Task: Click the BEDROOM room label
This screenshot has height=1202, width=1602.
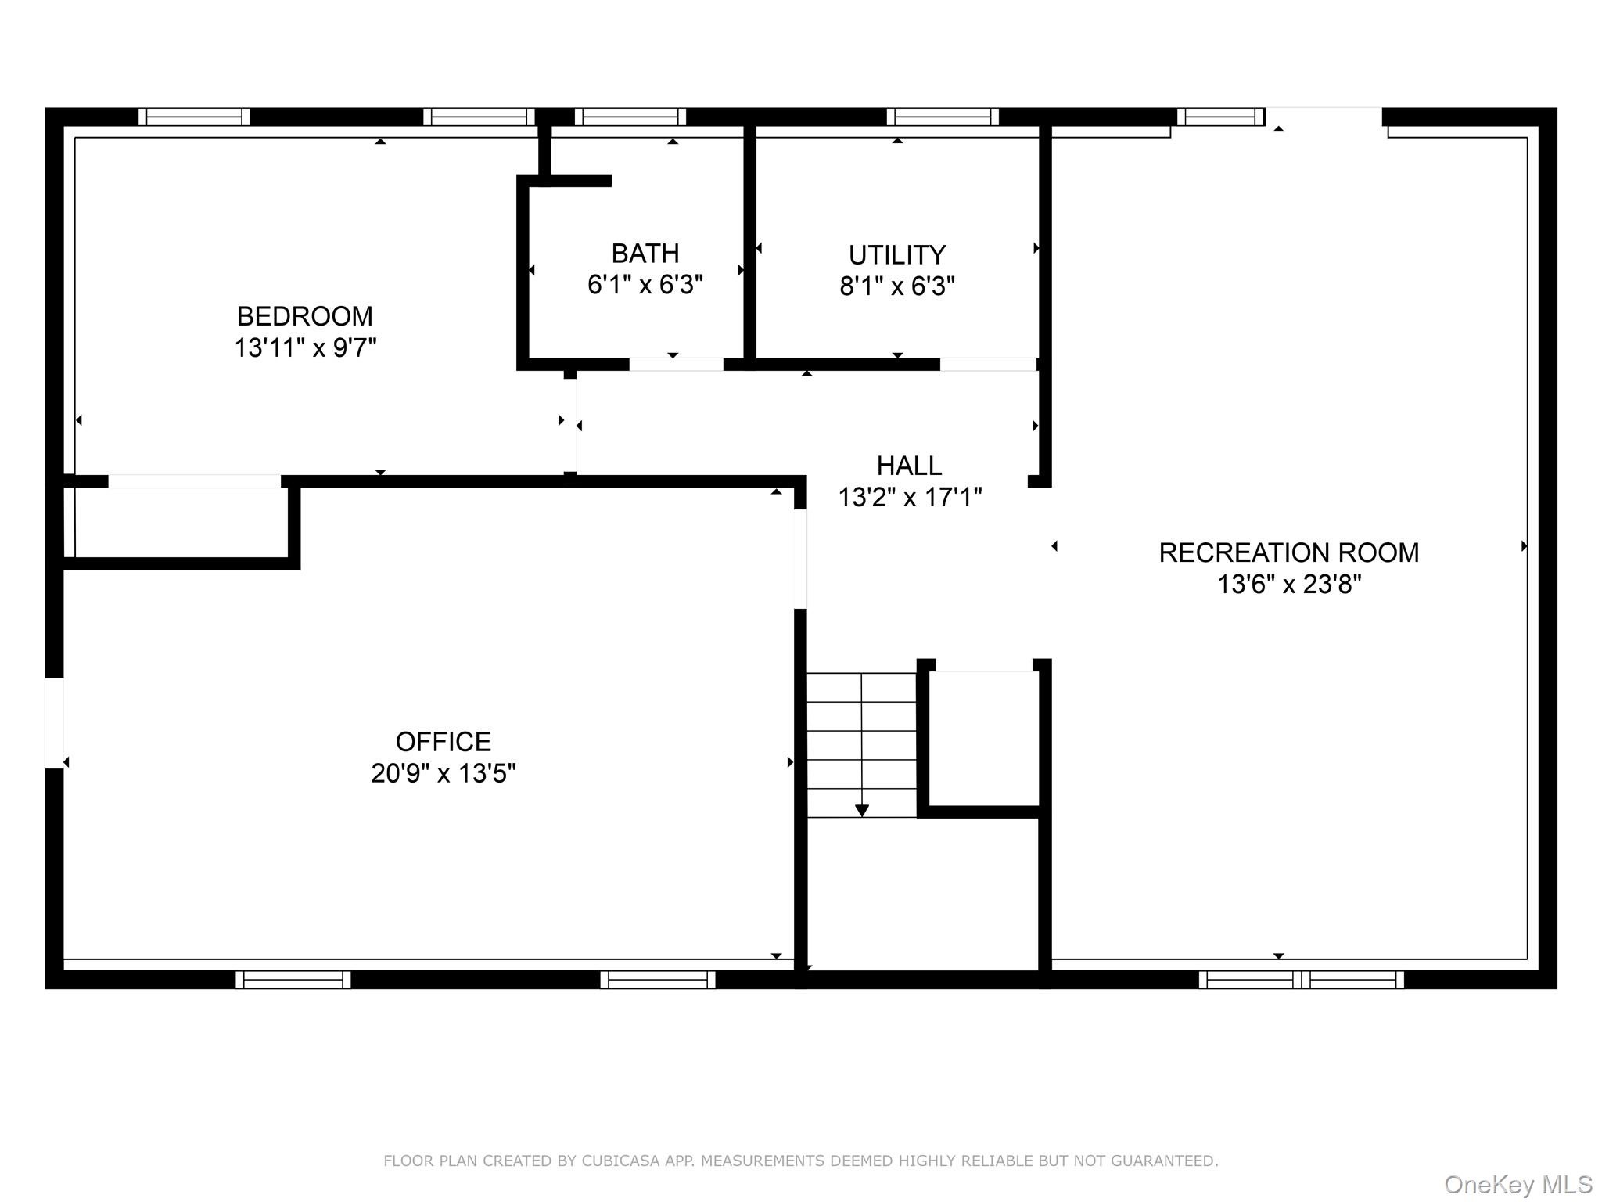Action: click(x=304, y=316)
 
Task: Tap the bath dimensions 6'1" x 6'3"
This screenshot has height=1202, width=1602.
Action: click(x=645, y=285)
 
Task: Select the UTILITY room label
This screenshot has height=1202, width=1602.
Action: click(x=897, y=255)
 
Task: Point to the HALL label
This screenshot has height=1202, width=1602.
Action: click(x=909, y=466)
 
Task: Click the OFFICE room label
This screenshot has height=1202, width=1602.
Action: click(x=443, y=741)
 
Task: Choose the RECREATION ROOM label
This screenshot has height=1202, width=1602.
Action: click(x=1288, y=552)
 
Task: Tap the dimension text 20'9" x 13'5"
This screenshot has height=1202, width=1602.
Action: click(x=443, y=773)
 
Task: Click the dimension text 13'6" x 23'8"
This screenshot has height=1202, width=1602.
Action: click(x=1288, y=585)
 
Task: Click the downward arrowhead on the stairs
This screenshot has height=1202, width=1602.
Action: click(x=861, y=811)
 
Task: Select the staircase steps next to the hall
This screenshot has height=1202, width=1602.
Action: click(x=861, y=743)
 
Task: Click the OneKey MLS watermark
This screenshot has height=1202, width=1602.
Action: click(x=1518, y=1184)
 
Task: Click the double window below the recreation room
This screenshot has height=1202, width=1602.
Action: click(x=1301, y=979)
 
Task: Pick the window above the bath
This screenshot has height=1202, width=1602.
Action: click(x=630, y=117)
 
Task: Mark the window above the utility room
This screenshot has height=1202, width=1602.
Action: click(x=943, y=117)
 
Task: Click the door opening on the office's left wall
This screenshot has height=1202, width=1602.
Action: click(x=54, y=723)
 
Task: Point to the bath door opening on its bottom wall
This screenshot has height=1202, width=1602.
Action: click(x=676, y=365)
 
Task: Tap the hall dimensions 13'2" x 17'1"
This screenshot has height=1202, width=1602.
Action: click(x=909, y=498)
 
